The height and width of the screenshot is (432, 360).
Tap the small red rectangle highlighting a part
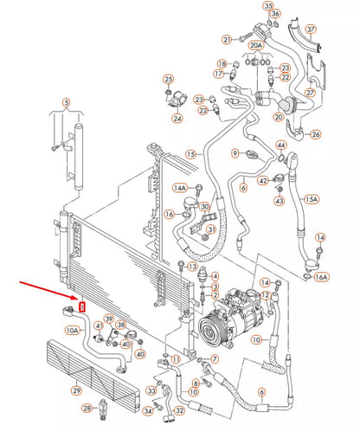[x=83, y=305]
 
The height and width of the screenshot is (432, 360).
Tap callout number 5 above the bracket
[x=63, y=103]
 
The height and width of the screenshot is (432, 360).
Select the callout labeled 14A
[x=180, y=187]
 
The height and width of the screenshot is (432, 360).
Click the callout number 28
[x=87, y=407]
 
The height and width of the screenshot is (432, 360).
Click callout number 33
[x=151, y=390]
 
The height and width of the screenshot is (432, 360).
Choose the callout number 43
[x=280, y=201]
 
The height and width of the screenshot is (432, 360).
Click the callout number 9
[x=234, y=153]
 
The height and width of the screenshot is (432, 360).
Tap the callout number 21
[x=226, y=39]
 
